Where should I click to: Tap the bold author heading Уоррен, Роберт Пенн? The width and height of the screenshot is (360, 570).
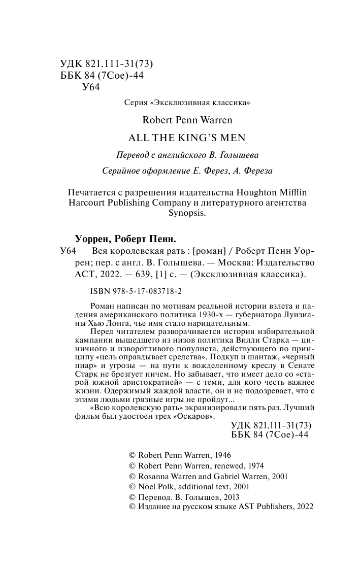(125, 239)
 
